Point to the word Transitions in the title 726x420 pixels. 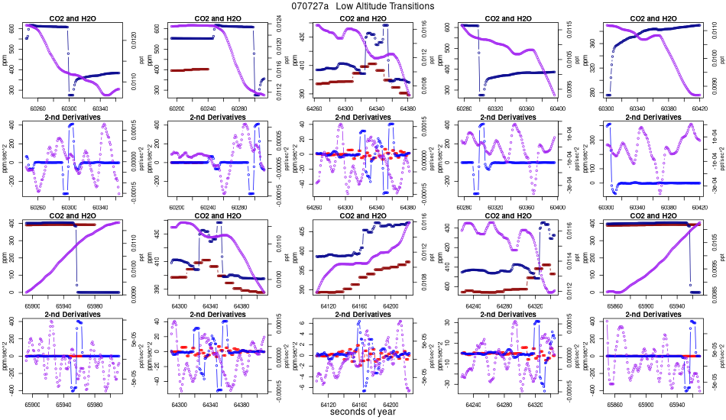(x=416, y=6)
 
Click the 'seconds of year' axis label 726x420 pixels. (x=363, y=412)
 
